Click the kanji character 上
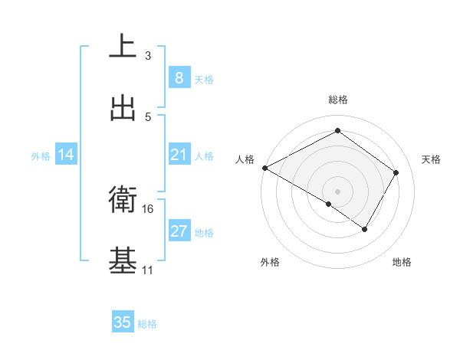pyautogui.click(x=123, y=45)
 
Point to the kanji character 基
pyautogui.click(x=123, y=260)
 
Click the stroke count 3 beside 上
pyautogui.click(x=148, y=55)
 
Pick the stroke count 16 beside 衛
pyautogui.click(x=148, y=208)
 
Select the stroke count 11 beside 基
pyautogui.click(x=148, y=270)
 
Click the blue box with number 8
pyautogui.click(x=179, y=77)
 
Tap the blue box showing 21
pyautogui.click(x=179, y=155)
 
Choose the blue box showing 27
pyautogui.click(x=179, y=231)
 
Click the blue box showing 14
pyautogui.click(x=66, y=155)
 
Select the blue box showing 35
pyautogui.click(x=123, y=322)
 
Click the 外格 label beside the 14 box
pyautogui.click(x=41, y=155)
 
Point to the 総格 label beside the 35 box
pyautogui.click(x=147, y=324)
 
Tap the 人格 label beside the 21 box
pyautogui.click(x=204, y=155)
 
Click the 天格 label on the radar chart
pyautogui.click(x=431, y=159)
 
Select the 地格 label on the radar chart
pyautogui.click(x=402, y=262)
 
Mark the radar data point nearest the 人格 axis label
pyautogui.click(x=264, y=168)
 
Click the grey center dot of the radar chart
pyautogui.click(x=337, y=191)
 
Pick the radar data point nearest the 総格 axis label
pyautogui.click(x=337, y=130)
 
